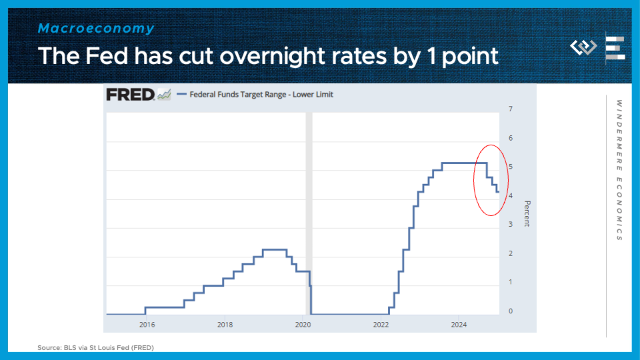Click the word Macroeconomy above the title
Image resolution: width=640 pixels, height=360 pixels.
pyautogui.click(x=96, y=28)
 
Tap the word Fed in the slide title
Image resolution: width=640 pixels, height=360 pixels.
pyautogui.click(x=107, y=55)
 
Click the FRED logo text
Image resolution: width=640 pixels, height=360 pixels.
pyautogui.click(x=130, y=95)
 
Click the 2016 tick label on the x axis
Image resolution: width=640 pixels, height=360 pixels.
pyautogui.click(x=147, y=325)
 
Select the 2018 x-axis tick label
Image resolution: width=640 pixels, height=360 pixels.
pyautogui.click(x=225, y=325)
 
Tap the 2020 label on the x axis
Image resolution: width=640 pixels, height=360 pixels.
pyautogui.click(x=303, y=325)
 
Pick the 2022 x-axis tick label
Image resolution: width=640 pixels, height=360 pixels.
pyautogui.click(x=381, y=325)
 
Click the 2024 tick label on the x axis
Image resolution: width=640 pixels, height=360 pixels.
pyautogui.click(x=459, y=325)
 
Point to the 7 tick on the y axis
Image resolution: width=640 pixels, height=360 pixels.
pyautogui.click(x=511, y=109)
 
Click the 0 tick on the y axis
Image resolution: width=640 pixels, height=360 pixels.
pyautogui.click(x=511, y=311)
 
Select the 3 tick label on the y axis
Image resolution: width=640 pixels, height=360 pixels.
pyautogui.click(x=511, y=225)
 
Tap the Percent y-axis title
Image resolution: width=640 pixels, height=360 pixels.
pyautogui.click(x=527, y=213)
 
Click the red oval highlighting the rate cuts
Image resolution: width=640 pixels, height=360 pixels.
pyautogui.click(x=475, y=180)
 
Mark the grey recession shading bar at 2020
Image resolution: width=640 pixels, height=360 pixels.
pyautogui.click(x=309, y=213)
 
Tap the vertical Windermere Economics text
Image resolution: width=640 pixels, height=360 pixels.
pyautogui.click(x=619, y=171)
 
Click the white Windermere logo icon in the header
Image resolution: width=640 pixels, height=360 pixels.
pyautogui.click(x=584, y=47)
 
